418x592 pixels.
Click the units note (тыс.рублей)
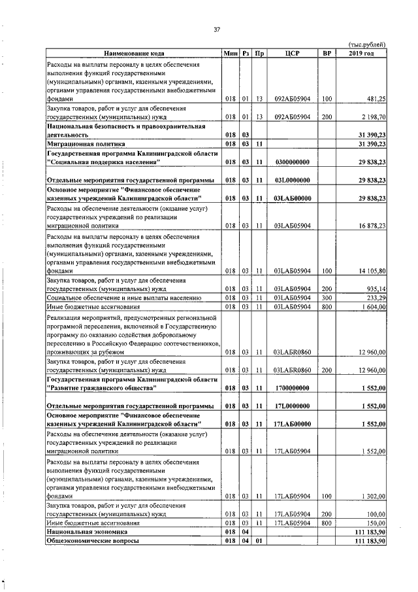point(367,44)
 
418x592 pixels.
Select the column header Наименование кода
point(133,53)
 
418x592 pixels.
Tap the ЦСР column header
point(291,53)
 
